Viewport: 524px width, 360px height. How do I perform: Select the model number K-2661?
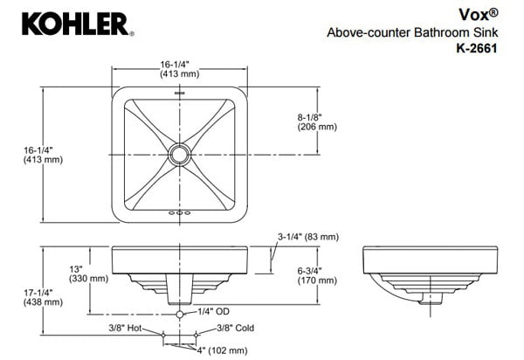click(476, 49)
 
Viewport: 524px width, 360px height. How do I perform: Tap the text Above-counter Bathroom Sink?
click(413, 32)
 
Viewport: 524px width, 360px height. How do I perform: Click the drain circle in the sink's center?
click(181, 155)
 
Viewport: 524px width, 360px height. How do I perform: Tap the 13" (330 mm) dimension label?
click(88, 273)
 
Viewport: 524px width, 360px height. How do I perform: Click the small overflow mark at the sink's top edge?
click(181, 91)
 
